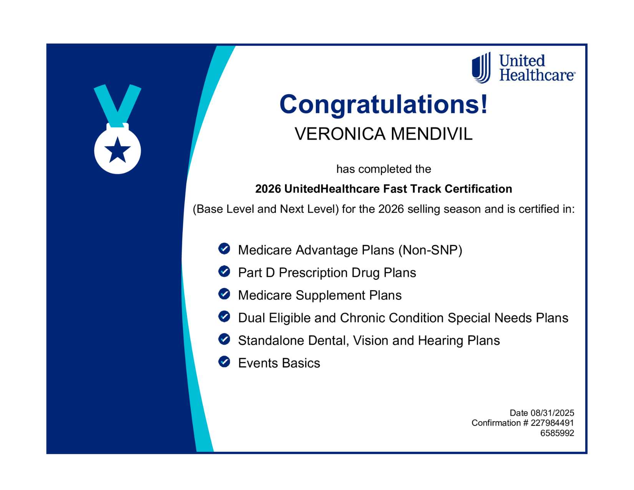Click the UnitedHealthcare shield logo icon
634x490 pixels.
click(481, 67)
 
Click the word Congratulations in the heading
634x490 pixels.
click(379, 105)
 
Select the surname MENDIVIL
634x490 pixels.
click(431, 134)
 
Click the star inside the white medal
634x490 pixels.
click(118, 150)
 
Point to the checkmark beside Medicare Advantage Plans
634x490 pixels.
click(224, 249)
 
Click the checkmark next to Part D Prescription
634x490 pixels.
click(224, 271)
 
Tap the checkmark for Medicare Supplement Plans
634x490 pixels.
click(224, 294)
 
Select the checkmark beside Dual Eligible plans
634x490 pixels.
click(224, 316)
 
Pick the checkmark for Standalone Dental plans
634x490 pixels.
click(224, 339)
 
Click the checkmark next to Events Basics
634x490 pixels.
click(224, 362)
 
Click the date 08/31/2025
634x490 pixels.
click(552, 413)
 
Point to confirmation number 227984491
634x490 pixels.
click(552, 423)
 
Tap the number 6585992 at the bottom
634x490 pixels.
click(557, 433)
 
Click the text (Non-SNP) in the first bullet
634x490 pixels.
click(430, 250)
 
